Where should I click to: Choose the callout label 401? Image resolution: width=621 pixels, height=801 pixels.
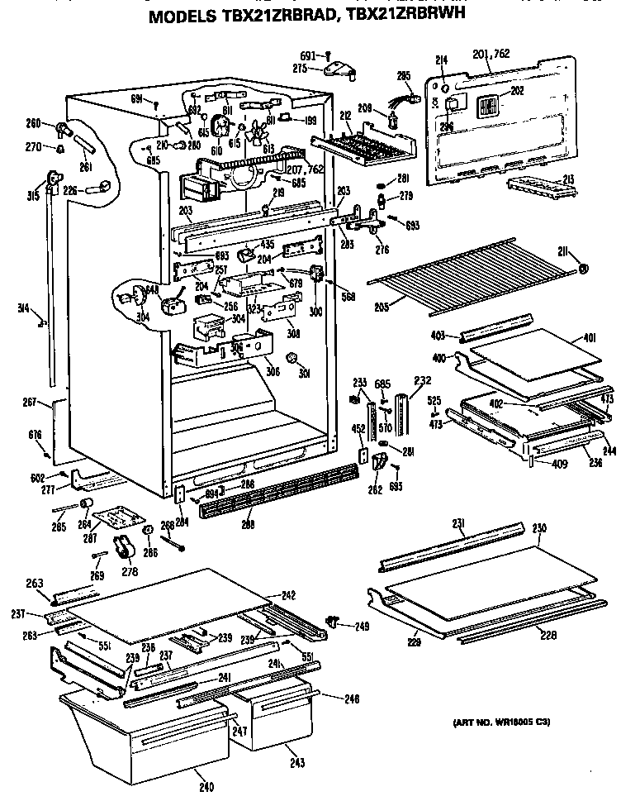coord(589,337)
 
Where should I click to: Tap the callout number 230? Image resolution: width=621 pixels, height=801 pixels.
coord(540,527)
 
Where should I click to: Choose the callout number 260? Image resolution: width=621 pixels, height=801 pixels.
coord(33,125)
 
